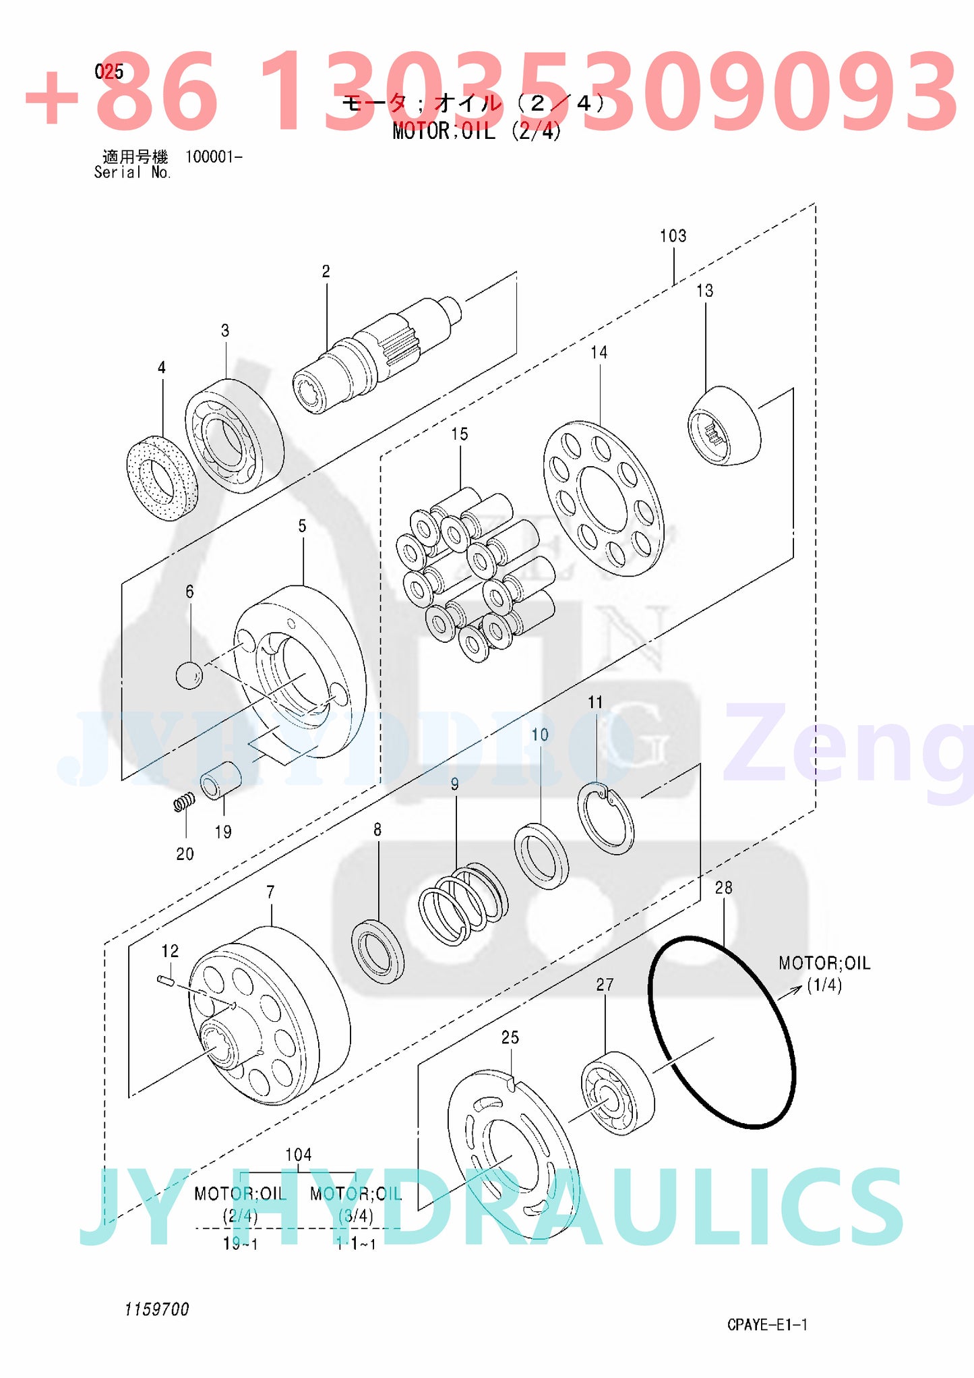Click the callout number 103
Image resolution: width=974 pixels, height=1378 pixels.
tap(673, 236)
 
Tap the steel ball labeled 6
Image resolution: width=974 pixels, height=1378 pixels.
tap(189, 675)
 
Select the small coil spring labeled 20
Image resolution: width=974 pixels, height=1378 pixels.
tap(184, 803)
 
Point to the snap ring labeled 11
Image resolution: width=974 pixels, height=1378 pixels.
tap(605, 818)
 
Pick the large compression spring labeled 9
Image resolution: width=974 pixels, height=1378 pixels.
tap(463, 903)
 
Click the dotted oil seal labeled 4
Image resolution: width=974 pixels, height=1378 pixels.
tap(162, 478)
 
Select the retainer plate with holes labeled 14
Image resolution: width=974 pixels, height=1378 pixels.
tap(603, 499)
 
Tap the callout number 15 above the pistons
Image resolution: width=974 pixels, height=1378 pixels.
tap(460, 434)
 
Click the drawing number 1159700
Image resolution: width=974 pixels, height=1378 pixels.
tap(156, 1309)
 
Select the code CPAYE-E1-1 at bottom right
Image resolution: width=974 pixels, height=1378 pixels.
tap(766, 1324)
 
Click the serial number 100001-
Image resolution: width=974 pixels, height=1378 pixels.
tap(213, 157)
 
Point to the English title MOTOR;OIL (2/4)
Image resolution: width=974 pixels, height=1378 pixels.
tap(477, 131)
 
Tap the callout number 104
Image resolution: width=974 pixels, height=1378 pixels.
tap(298, 1154)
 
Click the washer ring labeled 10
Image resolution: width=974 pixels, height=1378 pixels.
tap(541, 855)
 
